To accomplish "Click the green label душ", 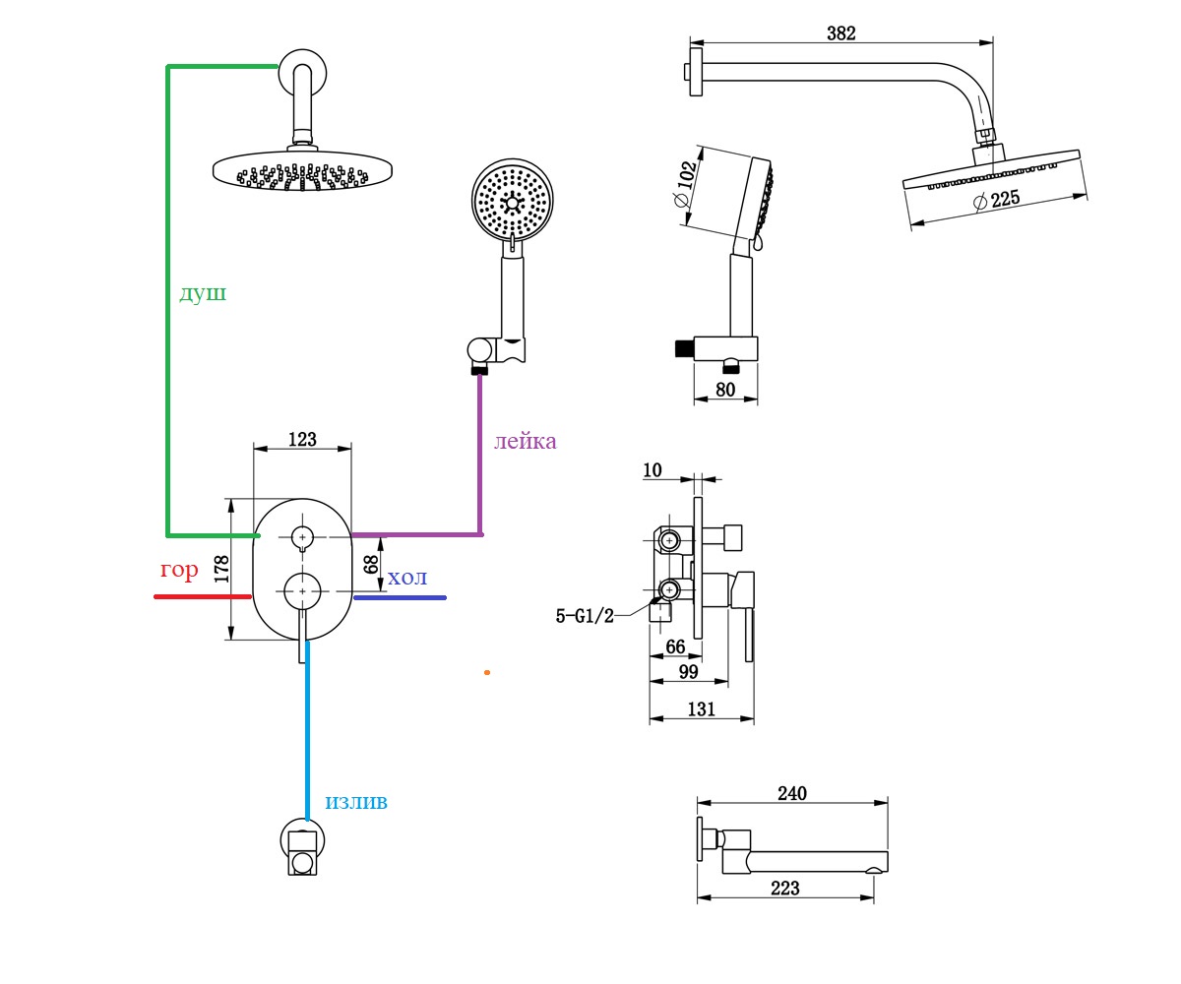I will pyautogui.click(x=203, y=293).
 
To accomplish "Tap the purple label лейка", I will pyautogui.click(x=525, y=441).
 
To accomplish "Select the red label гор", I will pyautogui.click(x=179, y=570).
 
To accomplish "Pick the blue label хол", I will pyautogui.click(x=406, y=578).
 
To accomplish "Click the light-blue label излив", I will pyautogui.click(x=356, y=802).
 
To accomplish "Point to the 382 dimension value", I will pyautogui.click(x=841, y=33).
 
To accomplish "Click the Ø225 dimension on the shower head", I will pyautogui.click(x=997, y=200).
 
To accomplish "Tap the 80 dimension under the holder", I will pyautogui.click(x=725, y=389).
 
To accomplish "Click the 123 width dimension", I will pyautogui.click(x=302, y=440).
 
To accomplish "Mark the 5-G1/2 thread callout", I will pyautogui.click(x=585, y=616).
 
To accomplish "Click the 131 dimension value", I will pyautogui.click(x=701, y=708).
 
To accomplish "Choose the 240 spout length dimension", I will pyautogui.click(x=792, y=793).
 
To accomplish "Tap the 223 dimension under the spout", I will pyautogui.click(x=785, y=888).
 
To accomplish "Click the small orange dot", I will pyautogui.click(x=487, y=672).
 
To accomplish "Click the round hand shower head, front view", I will pyautogui.click(x=512, y=200).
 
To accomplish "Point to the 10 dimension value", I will pyautogui.click(x=653, y=470).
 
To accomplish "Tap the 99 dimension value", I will pyautogui.click(x=688, y=672).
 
